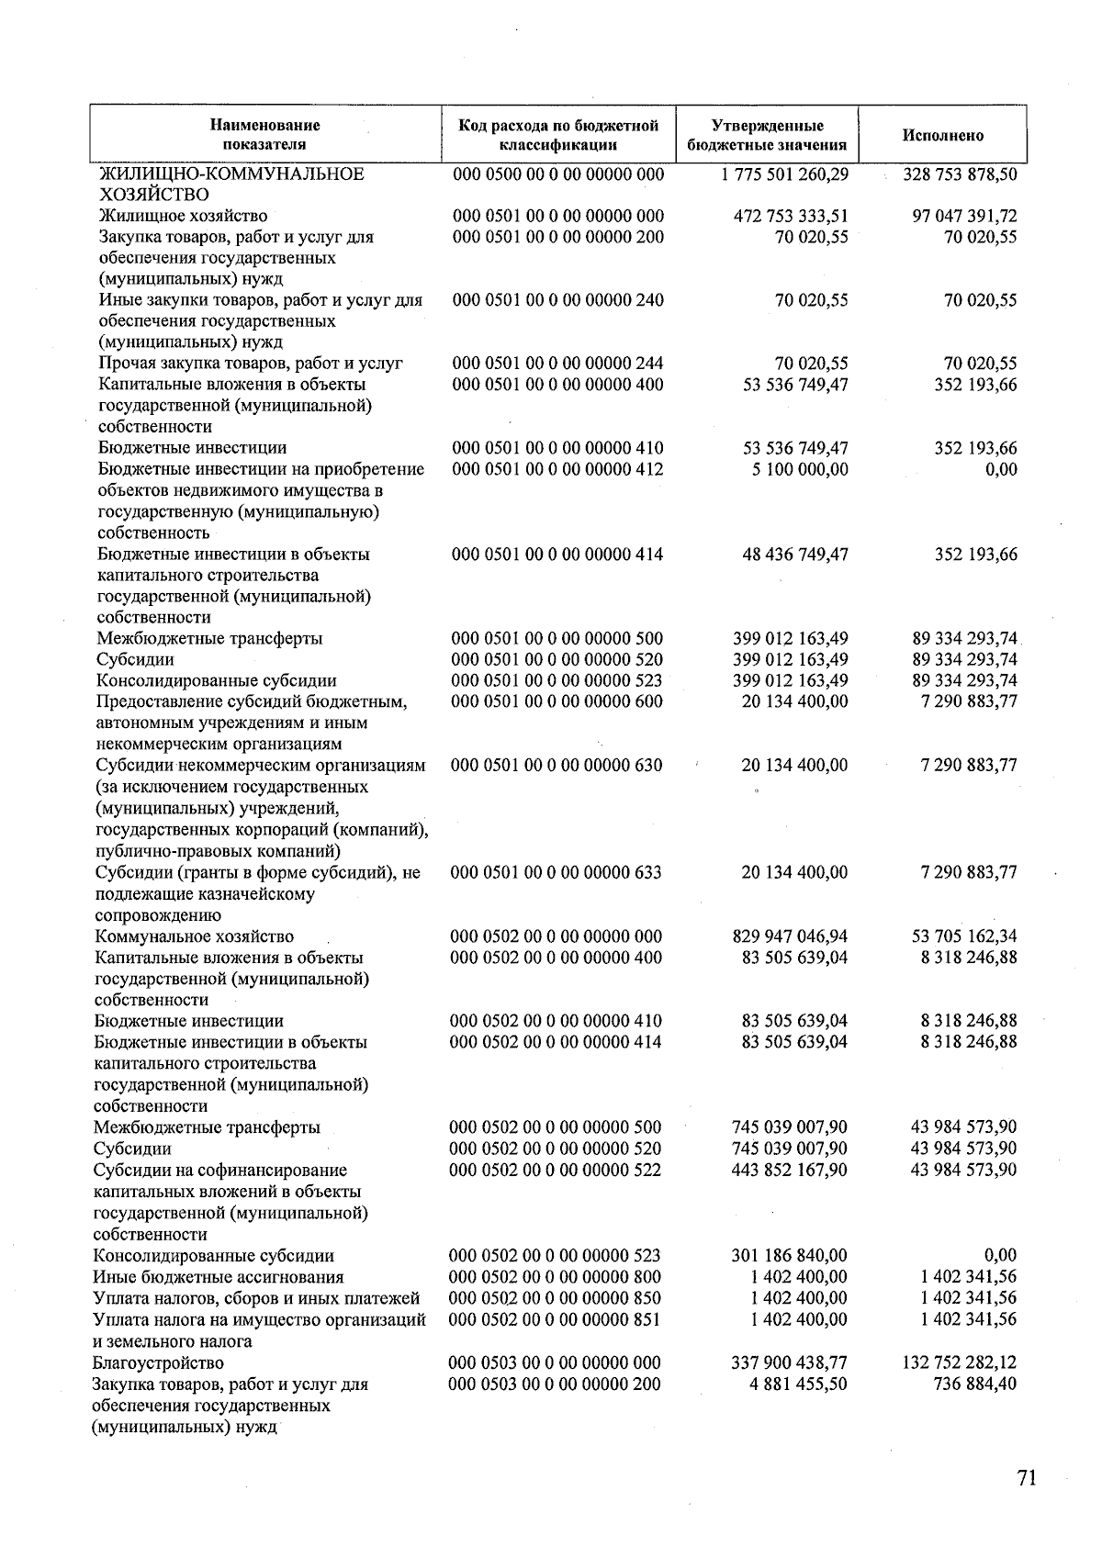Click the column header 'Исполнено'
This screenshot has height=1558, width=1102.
tap(942, 135)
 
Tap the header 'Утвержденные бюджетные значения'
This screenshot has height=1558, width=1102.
tap(767, 135)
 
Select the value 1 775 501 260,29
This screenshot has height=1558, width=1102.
tap(785, 174)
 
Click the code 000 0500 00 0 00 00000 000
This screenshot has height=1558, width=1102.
tap(558, 174)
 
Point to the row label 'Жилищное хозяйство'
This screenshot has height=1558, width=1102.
tap(183, 216)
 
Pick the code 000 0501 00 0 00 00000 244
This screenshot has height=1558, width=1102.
tap(558, 363)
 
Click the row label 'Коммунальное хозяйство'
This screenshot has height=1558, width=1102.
tap(194, 936)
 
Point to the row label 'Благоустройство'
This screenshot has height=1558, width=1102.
tap(158, 1362)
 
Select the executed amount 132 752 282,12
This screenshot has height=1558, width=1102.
tap(960, 1362)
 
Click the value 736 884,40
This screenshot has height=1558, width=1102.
tap(974, 1384)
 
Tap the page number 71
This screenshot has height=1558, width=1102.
tap(1027, 1478)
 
